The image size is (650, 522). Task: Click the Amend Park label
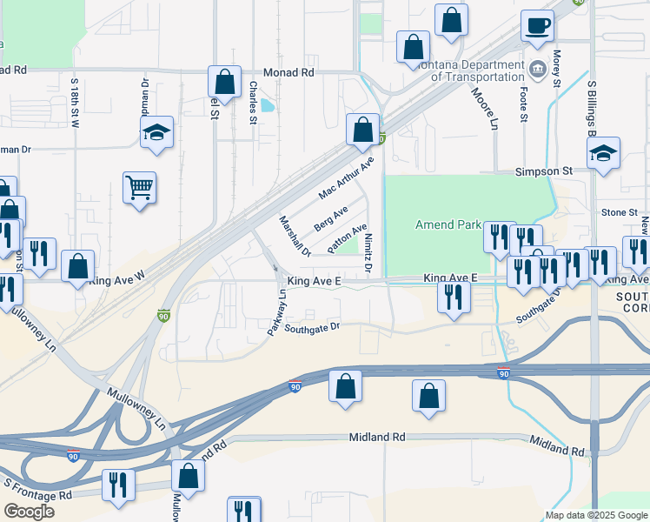pyautogui.click(x=448, y=224)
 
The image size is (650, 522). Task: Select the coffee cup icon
pyautogui.click(x=537, y=26)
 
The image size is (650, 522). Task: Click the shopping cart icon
pyautogui.click(x=139, y=187)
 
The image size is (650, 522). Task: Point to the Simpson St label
pyautogui.click(x=544, y=172)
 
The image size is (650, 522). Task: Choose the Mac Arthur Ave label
pyautogui.click(x=346, y=177)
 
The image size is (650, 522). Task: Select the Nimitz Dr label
pyautogui.click(x=368, y=252)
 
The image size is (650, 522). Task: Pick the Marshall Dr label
pyautogui.click(x=294, y=237)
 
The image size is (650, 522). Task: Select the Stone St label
pyautogui.click(x=620, y=212)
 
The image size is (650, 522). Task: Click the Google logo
pyautogui.click(x=29, y=511)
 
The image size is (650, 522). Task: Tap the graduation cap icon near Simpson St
pyautogui.click(x=603, y=154)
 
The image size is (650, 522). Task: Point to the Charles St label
pyautogui.click(x=253, y=103)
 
